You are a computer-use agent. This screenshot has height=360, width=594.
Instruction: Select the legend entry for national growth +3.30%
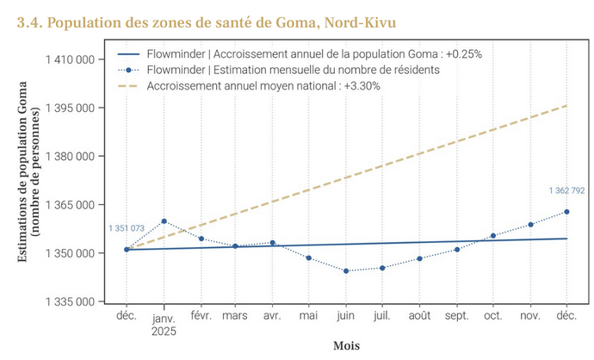[x=263, y=85]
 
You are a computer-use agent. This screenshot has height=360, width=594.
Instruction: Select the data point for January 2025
[x=164, y=221]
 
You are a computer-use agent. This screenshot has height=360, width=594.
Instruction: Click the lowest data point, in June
[x=346, y=270]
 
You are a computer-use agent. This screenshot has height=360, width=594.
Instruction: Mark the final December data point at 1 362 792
[x=566, y=212]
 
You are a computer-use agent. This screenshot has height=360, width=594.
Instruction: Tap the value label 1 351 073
[x=127, y=228]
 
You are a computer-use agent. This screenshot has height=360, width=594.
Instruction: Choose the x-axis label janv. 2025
[x=163, y=322]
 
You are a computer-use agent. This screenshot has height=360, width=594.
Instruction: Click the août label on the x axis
[x=419, y=316]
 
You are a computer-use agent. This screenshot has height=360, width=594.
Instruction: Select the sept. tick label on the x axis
[x=456, y=316]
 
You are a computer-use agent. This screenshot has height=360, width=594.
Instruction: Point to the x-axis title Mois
[x=346, y=345]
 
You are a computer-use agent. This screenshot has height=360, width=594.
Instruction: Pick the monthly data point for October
[x=493, y=235]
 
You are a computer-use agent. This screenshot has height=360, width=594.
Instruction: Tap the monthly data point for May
[x=309, y=258]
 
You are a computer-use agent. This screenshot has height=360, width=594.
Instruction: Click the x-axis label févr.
[x=200, y=316]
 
